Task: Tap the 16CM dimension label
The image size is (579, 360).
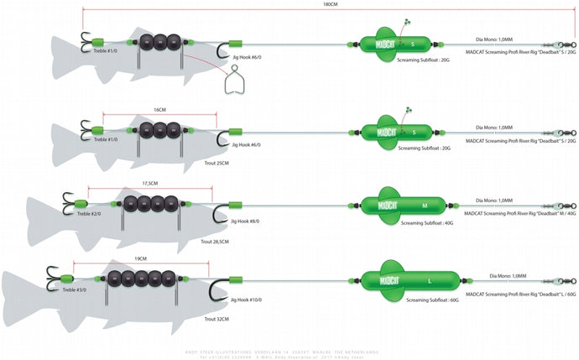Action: [x=159, y=109]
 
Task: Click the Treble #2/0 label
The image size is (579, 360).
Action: [x=88, y=214]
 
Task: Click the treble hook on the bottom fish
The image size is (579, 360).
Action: [x=55, y=276]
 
